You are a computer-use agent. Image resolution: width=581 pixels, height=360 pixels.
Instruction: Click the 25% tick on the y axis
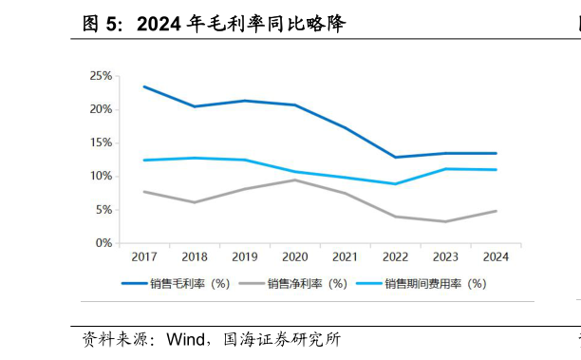pyautogui.click(x=101, y=76)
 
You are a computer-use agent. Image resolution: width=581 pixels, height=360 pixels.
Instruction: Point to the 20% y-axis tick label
pyautogui.click(x=101, y=109)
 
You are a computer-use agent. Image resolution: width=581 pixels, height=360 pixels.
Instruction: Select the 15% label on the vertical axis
pyautogui.click(x=101, y=142)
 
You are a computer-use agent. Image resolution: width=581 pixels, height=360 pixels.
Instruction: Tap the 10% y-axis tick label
pyautogui.click(x=101, y=176)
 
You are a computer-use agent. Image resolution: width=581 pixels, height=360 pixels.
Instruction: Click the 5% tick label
pyautogui.click(x=103, y=209)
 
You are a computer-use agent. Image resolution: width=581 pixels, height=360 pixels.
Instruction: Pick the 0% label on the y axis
pyautogui.click(x=103, y=243)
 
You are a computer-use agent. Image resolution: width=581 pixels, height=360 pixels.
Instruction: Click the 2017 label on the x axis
pyautogui.click(x=144, y=257)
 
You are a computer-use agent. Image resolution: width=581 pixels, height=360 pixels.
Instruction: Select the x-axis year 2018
pyautogui.click(x=195, y=257)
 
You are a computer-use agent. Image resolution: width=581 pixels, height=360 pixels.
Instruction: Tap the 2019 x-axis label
pyautogui.click(x=245, y=257)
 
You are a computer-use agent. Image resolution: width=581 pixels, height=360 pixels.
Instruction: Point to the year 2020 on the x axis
pyautogui.click(x=294, y=257)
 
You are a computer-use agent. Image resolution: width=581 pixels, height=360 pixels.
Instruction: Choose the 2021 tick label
pyautogui.click(x=345, y=257)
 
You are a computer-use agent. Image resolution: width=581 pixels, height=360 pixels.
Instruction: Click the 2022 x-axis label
pyautogui.click(x=395, y=257)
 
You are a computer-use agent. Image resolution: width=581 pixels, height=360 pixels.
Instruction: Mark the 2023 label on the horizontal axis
pyautogui.click(x=445, y=257)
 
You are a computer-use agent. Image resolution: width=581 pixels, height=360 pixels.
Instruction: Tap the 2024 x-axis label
pyautogui.click(x=496, y=257)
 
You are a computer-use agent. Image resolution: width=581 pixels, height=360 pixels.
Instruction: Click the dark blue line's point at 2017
pyautogui.click(x=144, y=86)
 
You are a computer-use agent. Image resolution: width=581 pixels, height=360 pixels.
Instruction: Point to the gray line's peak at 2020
pyautogui.click(x=294, y=180)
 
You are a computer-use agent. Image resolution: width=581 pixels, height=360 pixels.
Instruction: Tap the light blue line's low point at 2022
pyautogui.click(x=395, y=183)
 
